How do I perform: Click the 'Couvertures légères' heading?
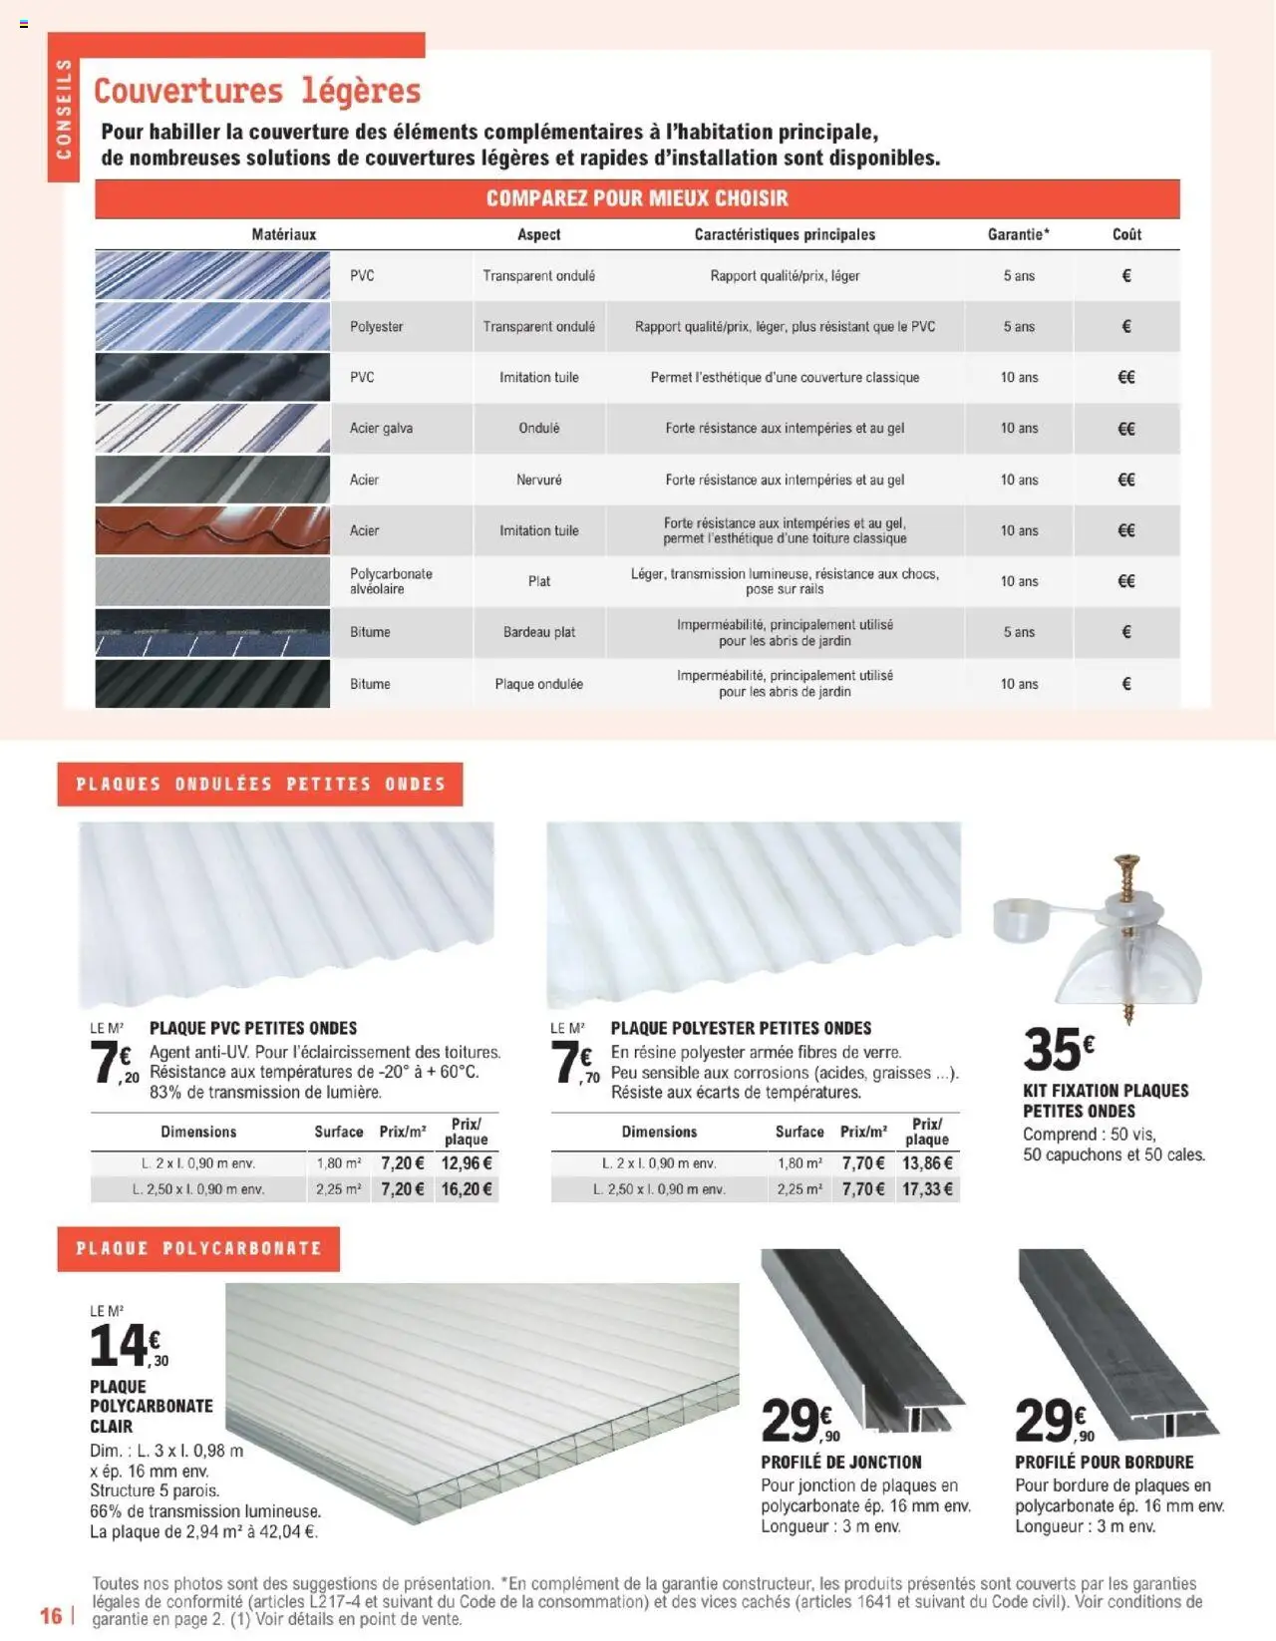[257, 92]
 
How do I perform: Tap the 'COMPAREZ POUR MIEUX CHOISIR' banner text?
[637, 198]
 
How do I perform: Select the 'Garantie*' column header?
[1018, 234]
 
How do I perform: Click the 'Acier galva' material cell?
[381, 428]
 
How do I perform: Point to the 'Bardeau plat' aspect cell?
[538, 632]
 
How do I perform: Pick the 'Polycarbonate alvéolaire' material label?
[391, 581]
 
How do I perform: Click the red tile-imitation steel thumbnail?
[212, 530]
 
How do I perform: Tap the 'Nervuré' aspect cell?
[538, 480]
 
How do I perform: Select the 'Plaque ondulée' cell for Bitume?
[538, 684]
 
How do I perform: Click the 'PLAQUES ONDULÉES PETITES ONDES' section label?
[260, 785]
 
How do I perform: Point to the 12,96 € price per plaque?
[467, 1163]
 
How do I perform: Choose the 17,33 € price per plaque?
[927, 1189]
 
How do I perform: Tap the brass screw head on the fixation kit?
[1127, 862]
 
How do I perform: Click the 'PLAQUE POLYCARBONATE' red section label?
[198, 1248]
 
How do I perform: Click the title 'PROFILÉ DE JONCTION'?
[841, 1463]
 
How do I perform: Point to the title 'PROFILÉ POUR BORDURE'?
[1104, 1463]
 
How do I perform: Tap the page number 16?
[51, 1615]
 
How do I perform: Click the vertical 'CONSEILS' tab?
[64, 109]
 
